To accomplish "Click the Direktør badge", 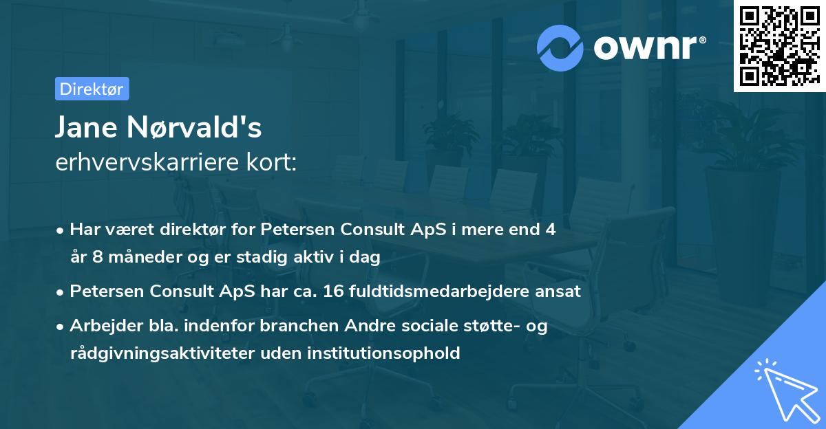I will click(92, 89).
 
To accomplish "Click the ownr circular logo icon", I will click(560, 47).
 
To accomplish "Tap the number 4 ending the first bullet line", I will click(550, 230).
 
